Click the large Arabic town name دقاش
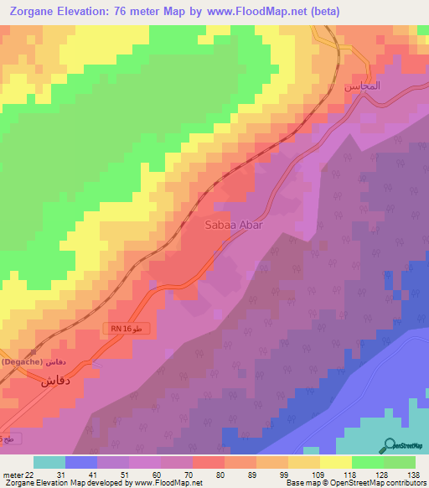tap(57, 379)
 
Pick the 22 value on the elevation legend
tap(31, 474)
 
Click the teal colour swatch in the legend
tap(49, 462)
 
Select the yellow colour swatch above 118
tap(336, 462)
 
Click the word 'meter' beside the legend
tap(13, 474)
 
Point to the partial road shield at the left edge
tap(7, 438)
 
